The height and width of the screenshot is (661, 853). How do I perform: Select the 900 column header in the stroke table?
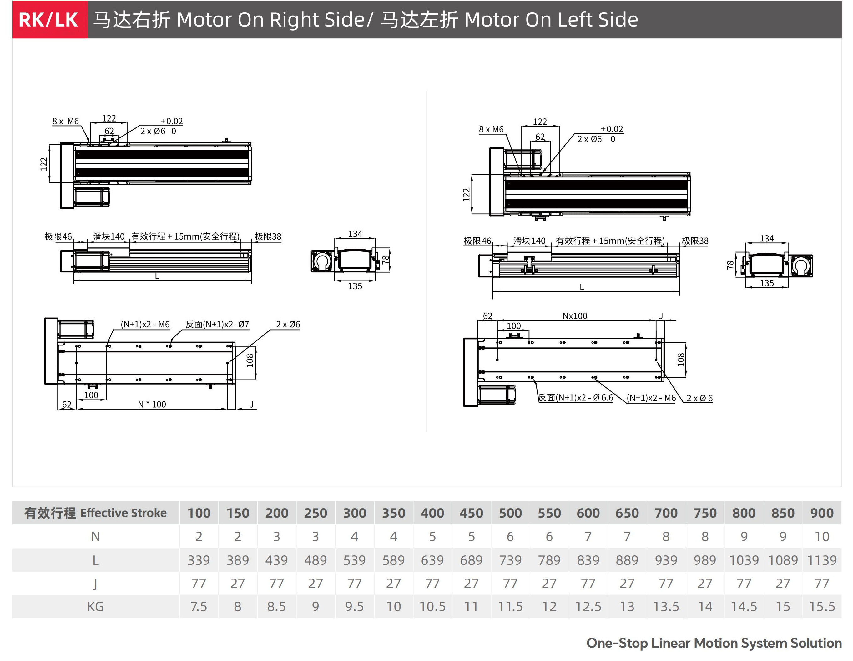point(822,513)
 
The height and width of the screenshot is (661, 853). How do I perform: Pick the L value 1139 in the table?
point(822,560)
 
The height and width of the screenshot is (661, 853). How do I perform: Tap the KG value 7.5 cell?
point(199,606)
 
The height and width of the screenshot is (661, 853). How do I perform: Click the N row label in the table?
point(96,537)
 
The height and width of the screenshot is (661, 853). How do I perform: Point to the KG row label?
point(96,606)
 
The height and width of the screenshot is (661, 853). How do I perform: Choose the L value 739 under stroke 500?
point(510,560)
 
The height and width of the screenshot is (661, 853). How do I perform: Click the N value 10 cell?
point(822,537)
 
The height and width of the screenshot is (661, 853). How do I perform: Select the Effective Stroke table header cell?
point(96,513)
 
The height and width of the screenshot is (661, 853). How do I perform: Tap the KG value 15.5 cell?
point(822,606)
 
